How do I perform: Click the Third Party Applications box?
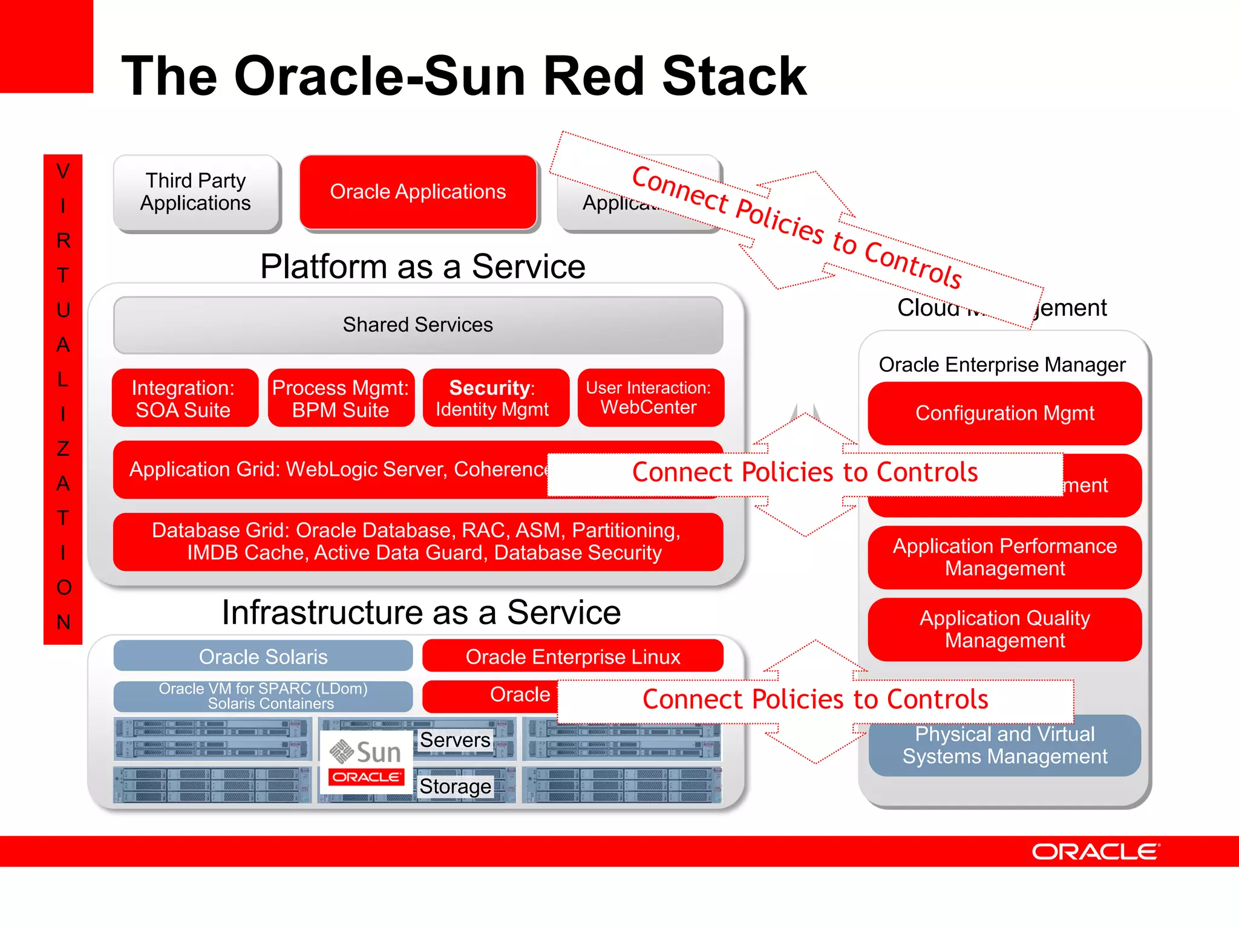[196, 192]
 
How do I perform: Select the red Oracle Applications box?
[418, 192]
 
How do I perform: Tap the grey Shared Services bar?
[418, 325]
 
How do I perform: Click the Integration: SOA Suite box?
[184, 399]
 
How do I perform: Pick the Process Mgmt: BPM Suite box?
[341, 399]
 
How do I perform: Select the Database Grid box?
[418, 541]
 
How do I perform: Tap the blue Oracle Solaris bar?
[263, 656]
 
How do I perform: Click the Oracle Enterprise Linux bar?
[572, 656]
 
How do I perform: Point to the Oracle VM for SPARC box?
[263, 696]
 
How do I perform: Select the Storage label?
[455, 786]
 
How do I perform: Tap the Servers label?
[455, 740]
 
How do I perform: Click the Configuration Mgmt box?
[1004, 413]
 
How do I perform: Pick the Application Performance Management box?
[1004, 557]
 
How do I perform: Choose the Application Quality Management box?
[1004, 629]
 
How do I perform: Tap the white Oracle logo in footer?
[1095, 852]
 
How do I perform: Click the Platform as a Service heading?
[422, 267]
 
